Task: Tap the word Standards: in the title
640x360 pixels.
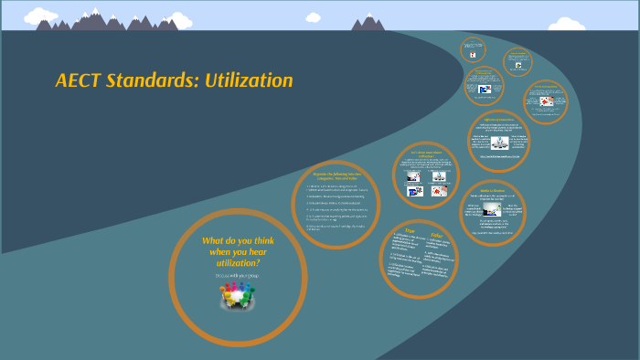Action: [x=153, y=80]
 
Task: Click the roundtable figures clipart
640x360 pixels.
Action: [x=237, y=294]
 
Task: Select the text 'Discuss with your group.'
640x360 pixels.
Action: [x=236, y=275]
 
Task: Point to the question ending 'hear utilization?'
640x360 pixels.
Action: [x=237, y=251]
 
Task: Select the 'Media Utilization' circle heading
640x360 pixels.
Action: [x=493, y=190]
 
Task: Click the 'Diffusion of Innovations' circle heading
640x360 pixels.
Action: [x=498, y=120]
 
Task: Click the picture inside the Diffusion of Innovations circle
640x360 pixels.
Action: [x=499, y=143]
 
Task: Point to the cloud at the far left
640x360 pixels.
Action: [x=40, y=16]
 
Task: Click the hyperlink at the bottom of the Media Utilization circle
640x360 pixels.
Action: [x=492, y=234]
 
